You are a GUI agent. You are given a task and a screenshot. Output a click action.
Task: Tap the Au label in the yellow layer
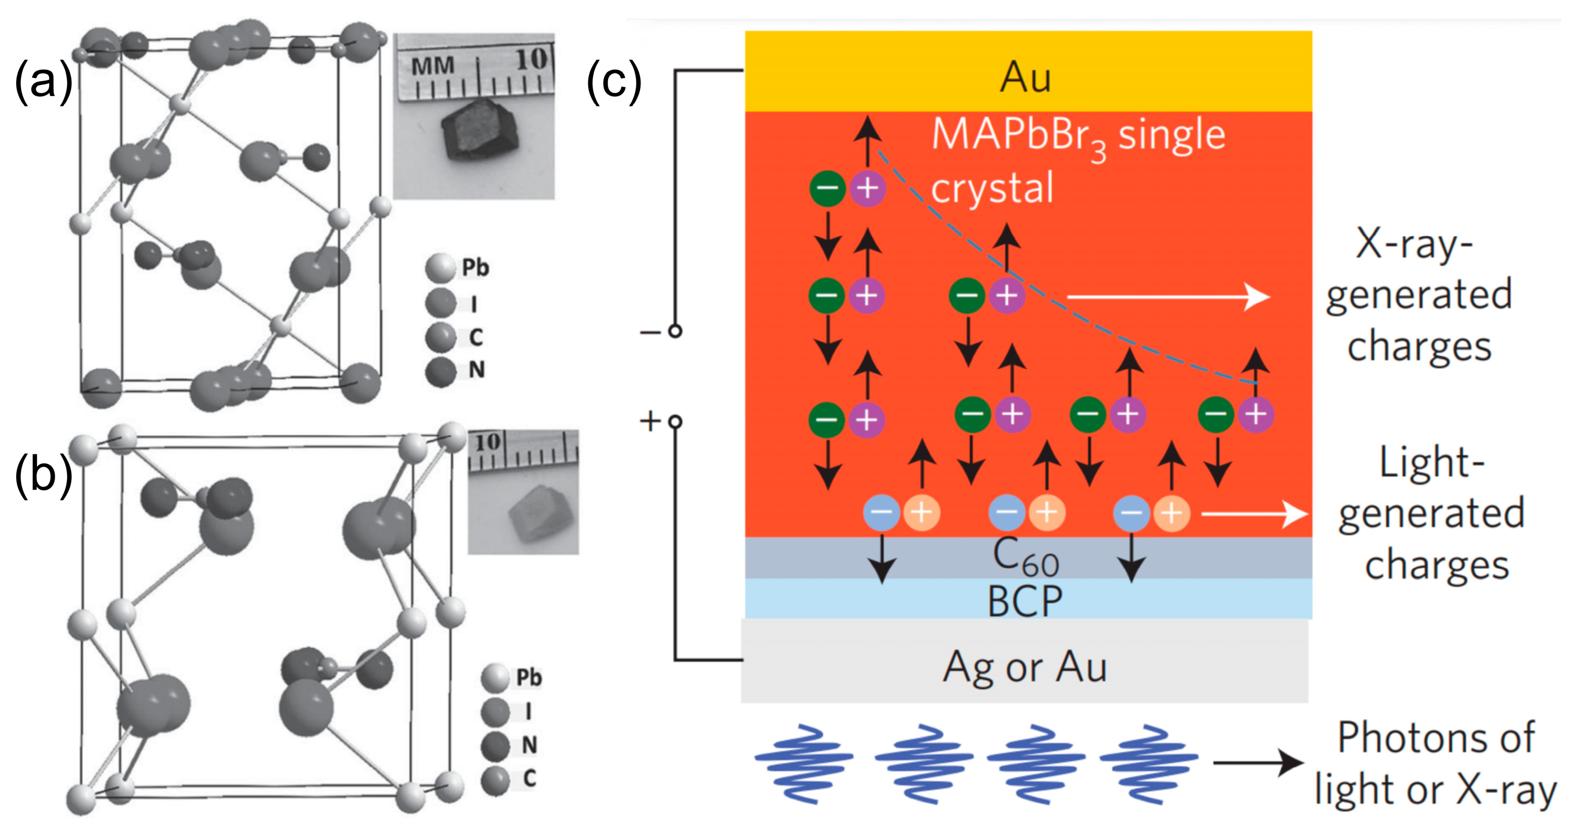[x=1025, y=78]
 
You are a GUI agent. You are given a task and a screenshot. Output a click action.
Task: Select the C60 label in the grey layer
[x=1025, y=557]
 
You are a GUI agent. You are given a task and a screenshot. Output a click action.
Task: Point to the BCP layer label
[x=1025, y=601]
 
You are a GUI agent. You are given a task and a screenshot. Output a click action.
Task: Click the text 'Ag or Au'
[x=1025, y=667]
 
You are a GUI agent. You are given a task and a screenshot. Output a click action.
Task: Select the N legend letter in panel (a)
[x=476, y=370]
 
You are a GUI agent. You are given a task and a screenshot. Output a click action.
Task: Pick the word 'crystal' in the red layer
[x=992, y=188]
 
